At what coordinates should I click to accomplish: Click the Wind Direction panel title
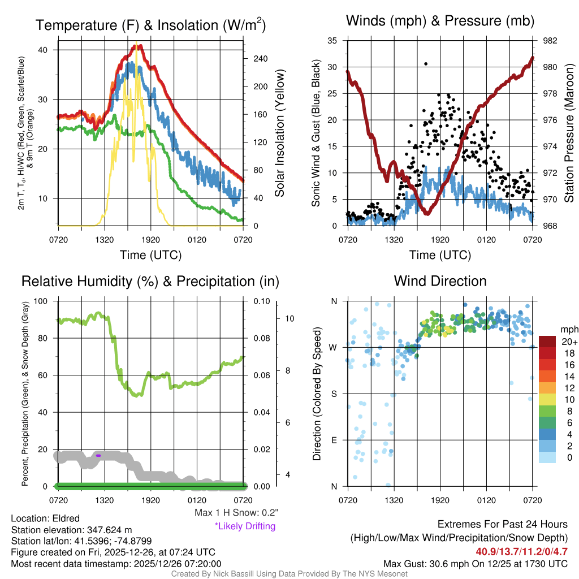click(x=440, y=281)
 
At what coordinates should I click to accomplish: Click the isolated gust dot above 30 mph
click(x=426, y=64)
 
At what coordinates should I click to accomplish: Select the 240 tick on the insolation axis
click(x=256, y=59)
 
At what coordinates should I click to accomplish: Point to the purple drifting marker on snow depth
click(x=98, y=455)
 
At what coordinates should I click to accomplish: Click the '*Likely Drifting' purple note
click(x=245, y=526)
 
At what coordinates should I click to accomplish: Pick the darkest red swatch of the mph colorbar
click(x=548, y=342)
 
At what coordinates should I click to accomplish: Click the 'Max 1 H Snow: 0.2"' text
click(x=236, y=513)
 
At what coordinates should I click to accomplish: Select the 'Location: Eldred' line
click(x=45, y=518)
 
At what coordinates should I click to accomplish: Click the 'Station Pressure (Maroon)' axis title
click(x=570, y=133)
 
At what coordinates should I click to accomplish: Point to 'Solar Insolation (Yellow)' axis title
click(x=279, y=133)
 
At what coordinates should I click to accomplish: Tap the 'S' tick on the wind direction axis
click(x=334, y=394)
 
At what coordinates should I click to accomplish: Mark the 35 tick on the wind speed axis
click(x=332, y=41)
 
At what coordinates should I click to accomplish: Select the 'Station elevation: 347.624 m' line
click(x=71, y=530)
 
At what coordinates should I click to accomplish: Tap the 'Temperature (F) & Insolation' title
click(x=150, y=25)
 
